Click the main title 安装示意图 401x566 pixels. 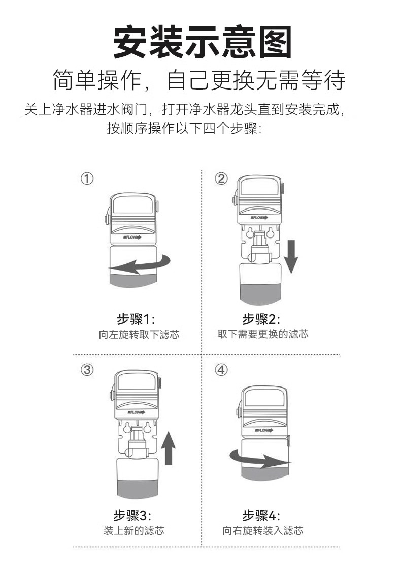(202, 43)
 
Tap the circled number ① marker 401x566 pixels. (87, 179)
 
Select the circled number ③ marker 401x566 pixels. (87, 370)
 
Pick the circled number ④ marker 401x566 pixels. (221, 370)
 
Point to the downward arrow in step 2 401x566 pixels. (291, 256)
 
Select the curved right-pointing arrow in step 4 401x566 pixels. (259, 458)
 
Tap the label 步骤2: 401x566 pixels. (261, 319)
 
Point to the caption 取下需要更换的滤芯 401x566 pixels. (262, 334)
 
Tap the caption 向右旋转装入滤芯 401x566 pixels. (262, 531)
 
